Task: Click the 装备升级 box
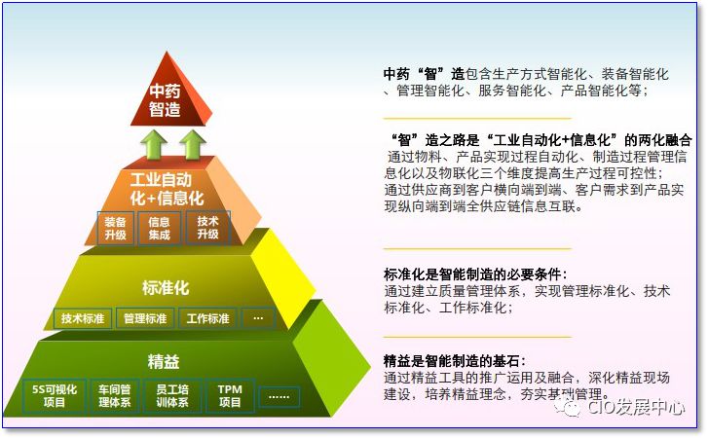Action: pos(116,229)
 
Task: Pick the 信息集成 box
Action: pos(160,229)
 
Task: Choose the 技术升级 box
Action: pos(207,229)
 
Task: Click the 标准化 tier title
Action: pos(165,288)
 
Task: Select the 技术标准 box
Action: pos(84,318)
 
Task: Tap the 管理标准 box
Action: pos(145,318)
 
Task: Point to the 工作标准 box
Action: pos(207,318)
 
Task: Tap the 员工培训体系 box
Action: pos(172,395)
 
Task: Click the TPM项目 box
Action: pos(230,395)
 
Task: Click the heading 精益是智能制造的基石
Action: pos(459,361)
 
